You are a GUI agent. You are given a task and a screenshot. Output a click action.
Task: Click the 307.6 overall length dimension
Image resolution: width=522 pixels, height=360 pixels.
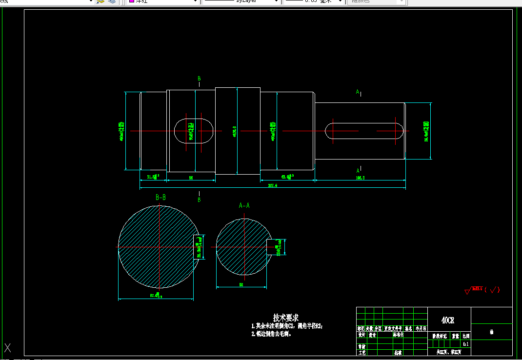[x=272, y=186]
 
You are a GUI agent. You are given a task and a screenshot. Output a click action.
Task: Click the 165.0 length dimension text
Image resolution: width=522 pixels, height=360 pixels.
[x=361, y=178]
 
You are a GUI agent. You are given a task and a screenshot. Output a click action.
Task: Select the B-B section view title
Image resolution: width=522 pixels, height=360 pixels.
[x=161, y=198]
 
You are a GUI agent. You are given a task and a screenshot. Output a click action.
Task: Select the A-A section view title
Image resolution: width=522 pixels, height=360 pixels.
[x=244, y=205]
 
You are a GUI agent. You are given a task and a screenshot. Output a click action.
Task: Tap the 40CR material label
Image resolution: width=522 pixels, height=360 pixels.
[x=447, y=320]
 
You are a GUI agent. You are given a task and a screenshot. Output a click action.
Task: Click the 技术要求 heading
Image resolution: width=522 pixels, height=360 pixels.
[x=286, y=318]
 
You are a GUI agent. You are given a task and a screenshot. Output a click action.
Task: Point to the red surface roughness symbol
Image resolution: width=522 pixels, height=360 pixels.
[x=482, y=290]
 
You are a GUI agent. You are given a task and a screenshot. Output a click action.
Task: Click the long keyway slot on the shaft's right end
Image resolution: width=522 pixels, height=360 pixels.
[x=364, y=131]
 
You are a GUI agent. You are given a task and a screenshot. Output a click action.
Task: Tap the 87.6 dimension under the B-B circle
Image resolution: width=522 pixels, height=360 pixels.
[x=156, y=296]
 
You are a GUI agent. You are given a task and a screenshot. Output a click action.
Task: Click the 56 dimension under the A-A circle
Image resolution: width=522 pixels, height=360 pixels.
[x=241, y=284]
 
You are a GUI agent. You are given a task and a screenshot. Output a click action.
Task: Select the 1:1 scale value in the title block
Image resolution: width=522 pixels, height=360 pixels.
[x=466, y=344]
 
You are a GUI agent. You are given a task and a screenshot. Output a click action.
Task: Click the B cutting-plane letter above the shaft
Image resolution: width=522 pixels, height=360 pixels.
[x=199, y=79]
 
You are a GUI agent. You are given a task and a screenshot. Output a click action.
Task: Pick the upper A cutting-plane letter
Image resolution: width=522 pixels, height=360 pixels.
[x=358, y=92]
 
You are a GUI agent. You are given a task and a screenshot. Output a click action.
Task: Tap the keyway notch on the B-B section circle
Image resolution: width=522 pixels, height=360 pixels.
[x=198, y=247]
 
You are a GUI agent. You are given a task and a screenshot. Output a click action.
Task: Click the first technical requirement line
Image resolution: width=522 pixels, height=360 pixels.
[x=287, y=326]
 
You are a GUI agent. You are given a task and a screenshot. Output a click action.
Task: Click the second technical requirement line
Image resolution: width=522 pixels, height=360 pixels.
[x=271, y=334]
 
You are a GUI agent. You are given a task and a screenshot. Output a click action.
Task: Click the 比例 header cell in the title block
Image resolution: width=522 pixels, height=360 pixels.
[x=466, y=336]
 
